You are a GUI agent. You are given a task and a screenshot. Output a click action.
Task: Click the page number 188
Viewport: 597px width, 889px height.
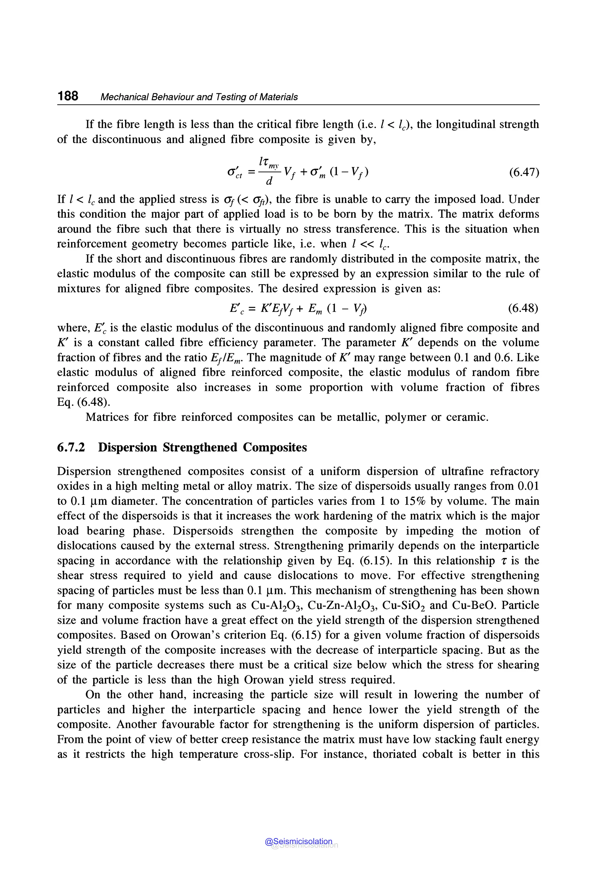point(68,96)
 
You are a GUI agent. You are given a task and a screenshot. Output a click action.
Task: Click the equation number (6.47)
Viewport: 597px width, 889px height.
point(524,173)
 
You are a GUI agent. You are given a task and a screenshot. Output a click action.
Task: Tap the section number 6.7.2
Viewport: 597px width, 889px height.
point(71,447)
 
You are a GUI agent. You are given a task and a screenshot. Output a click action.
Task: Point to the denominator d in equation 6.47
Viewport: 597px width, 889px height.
point(269,182)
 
